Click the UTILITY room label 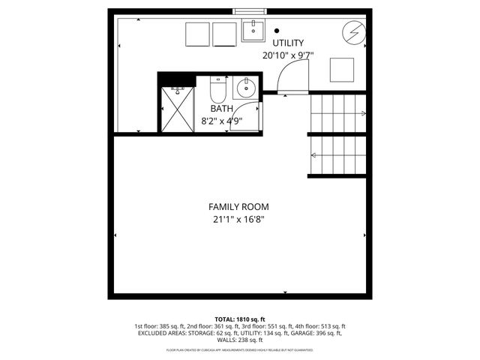[288, 42]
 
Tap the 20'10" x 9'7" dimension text [288, 55]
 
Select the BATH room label [211, 108]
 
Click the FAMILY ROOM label [238, 206]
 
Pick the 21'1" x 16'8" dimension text [238, 219]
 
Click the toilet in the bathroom [217, 91]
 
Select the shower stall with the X [178, 108]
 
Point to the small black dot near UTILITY [277, 31]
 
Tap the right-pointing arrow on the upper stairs [363, 114]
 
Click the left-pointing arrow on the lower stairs [313, 156]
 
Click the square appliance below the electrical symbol [343, 70]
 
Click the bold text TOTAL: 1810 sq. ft [240, 319]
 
